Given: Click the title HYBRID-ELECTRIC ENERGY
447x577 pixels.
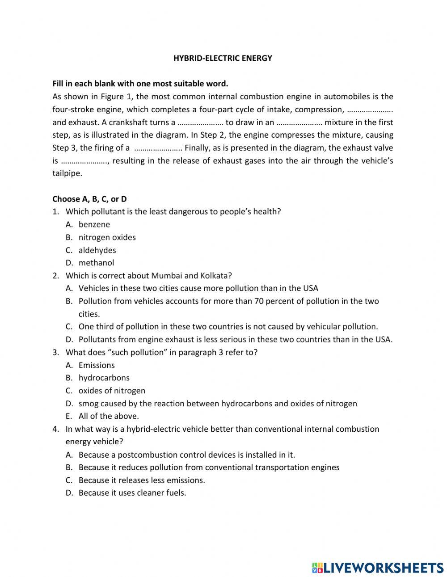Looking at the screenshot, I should coord(223,58).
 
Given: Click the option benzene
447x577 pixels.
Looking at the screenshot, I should coord(94,224).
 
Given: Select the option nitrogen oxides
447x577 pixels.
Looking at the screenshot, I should coord(107,237).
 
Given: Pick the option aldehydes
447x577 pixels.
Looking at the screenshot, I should coord(97,250).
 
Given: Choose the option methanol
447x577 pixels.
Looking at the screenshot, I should coord(96,263).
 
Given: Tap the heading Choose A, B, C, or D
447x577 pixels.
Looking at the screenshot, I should coord(89,199).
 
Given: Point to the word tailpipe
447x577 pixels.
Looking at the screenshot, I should coord(67,173).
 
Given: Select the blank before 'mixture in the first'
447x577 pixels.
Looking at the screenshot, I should coord(299,122).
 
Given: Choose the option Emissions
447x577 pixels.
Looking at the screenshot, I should coord(97,365).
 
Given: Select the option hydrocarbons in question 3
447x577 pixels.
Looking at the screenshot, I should coord(104,378).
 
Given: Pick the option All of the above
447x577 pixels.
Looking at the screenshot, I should coord(109,416).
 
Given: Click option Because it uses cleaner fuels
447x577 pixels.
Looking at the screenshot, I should coord(132,493).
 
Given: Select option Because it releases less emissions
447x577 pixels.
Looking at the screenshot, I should coord(141,480).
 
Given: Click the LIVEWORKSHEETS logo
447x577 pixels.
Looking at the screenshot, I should coord(377,567).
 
